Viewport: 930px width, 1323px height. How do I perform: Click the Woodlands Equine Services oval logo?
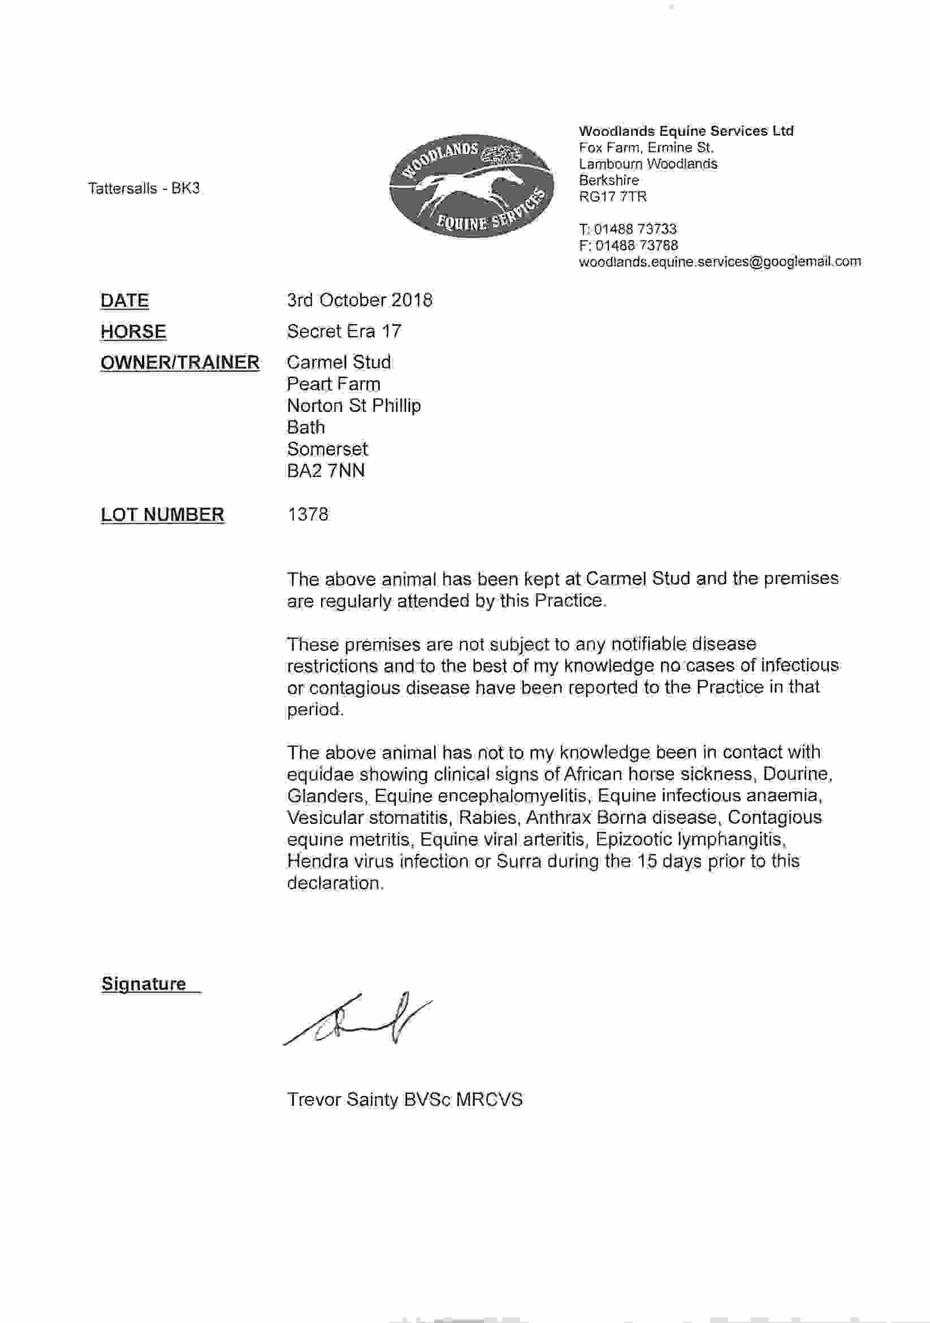471,186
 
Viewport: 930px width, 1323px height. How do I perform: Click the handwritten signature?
357,1018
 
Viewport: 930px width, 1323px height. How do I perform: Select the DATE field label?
124,300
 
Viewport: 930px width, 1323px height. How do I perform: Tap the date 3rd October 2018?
360,300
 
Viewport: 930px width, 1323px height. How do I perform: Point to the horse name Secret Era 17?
344,332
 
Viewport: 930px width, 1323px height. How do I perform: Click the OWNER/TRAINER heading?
180,363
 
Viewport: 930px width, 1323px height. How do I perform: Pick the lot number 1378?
308,514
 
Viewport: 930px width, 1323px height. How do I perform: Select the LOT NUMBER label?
162,514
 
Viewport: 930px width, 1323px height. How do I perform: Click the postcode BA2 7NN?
326,471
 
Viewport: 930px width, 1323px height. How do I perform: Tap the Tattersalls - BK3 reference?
144,188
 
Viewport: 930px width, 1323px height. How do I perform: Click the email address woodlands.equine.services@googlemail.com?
720,261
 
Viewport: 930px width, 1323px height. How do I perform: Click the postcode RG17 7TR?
613,196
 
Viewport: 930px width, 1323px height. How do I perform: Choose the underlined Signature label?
144,983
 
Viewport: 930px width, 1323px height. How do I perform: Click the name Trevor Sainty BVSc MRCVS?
405,1099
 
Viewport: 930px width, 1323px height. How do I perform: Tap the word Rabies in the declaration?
488,818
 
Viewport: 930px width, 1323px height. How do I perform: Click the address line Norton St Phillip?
353,406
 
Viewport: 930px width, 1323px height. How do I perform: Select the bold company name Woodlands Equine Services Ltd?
686,131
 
